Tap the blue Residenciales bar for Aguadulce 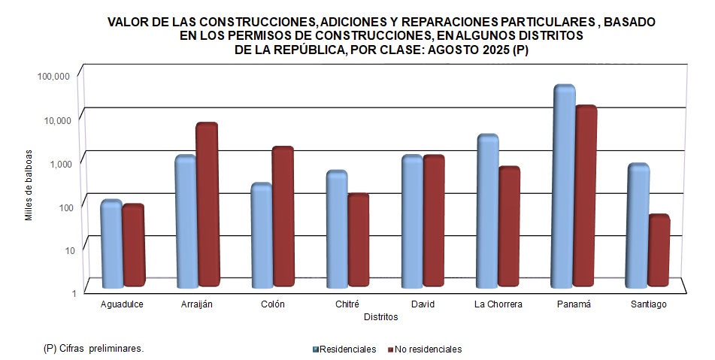pos(111,244)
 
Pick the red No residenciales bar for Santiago pos(659,251)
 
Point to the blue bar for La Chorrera pos(488,210)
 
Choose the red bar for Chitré pos(358,240)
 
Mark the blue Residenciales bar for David pos(412,221)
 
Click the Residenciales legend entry pos(345,349)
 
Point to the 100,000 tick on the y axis pos(53,77)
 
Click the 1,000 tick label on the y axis pos(59,163)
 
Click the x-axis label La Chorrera pos(498,304)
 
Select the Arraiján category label pos(197,304)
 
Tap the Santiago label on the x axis pos(648,304)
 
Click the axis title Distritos pos(380,317)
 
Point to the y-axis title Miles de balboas pos(29,185)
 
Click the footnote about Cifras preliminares pos(94,349)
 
